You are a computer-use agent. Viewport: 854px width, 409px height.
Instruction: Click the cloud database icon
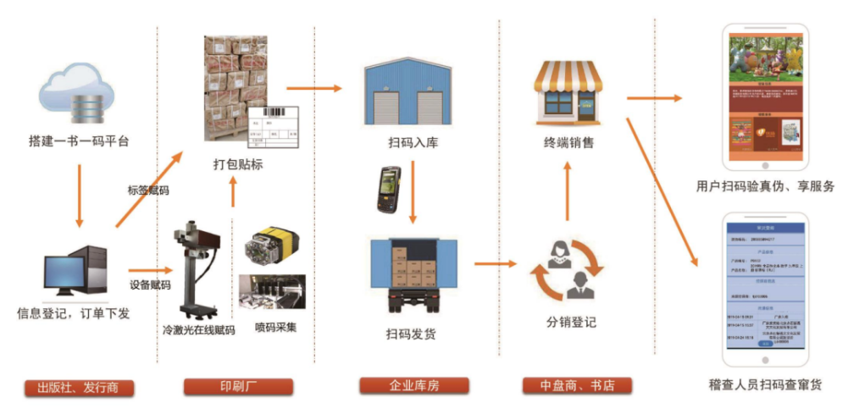pyautogui.click(x=76, y=92)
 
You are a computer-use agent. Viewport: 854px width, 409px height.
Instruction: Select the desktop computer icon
pyautogui.click(x=78, y=271)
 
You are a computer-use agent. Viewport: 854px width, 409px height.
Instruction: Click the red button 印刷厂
pyautogui.click(x=238, y=387)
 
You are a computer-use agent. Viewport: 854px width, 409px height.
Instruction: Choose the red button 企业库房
pyautogui.click(x=413, y=387)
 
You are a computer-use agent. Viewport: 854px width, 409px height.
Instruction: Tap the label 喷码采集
pyautogui.click(x=275, y=327)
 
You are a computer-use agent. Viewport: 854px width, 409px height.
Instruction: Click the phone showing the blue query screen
pyautogui.click(x=764, y=289)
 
